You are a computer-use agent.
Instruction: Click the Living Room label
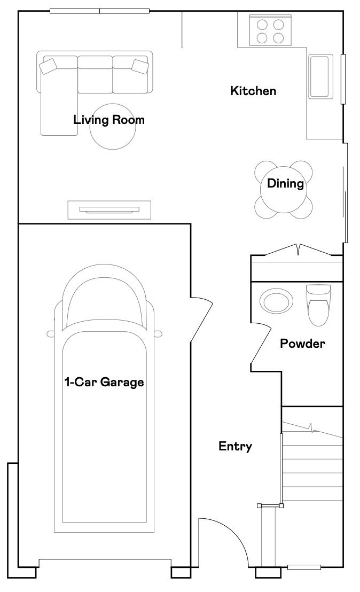point(108,120)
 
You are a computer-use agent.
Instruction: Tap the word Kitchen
point(253,91)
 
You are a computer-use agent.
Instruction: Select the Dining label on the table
point(285,184)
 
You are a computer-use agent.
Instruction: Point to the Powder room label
point(302,343)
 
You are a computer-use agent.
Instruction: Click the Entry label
point(235,446)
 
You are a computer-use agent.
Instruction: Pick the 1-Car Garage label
point(104,382)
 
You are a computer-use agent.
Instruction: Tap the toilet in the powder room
point(318,305)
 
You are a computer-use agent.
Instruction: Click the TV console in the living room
point(109,209)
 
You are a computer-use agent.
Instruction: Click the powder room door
point(261,344)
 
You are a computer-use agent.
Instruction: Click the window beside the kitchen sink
point(343,79)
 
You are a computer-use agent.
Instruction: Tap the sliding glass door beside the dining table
point(345,204)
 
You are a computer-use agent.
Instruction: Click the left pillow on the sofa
point(48,66)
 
